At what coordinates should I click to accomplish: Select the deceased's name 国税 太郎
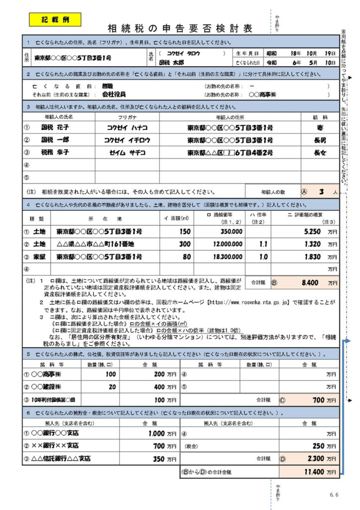tap(171, 63)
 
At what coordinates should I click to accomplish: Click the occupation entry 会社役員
tap(114, 94)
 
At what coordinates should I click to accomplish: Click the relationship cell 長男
tap(320, 140)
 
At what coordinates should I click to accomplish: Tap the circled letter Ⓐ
tap(304, 191)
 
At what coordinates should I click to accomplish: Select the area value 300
tap(185, 244)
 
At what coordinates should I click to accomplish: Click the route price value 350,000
tap(230, 232)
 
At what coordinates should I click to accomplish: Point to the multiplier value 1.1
tap(263, 244)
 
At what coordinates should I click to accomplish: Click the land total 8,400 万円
tap(315, 282)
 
